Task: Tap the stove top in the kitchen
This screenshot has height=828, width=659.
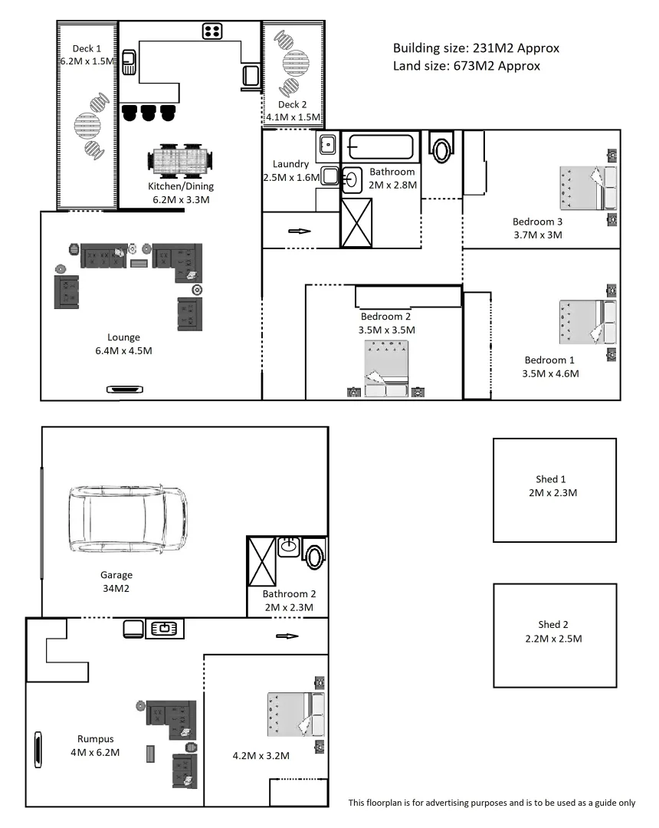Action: click(212, 31)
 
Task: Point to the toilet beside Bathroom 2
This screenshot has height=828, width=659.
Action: click(314, 554)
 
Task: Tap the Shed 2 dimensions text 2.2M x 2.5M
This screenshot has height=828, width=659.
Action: click(552, 638)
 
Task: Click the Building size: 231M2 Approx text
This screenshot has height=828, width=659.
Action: click(476, 48)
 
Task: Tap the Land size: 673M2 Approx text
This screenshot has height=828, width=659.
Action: click(467, 66)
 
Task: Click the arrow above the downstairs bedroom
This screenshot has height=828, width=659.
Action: click(287, 636)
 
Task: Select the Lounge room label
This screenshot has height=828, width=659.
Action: click(123, 337)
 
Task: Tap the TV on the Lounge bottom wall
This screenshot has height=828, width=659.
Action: click(124, 390)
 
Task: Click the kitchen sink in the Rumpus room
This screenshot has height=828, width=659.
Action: click(164, 629)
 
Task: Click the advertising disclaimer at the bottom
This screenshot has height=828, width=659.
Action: click(491, 803)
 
